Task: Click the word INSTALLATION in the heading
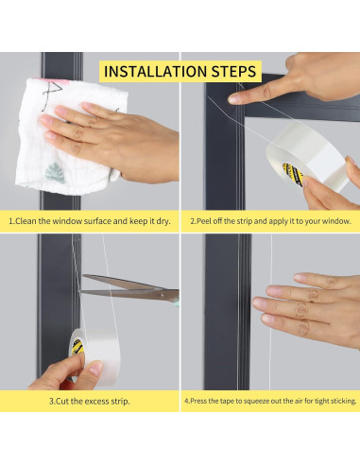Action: (156, 72)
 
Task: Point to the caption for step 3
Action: (90, 401)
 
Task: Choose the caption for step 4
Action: (270, 401)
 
